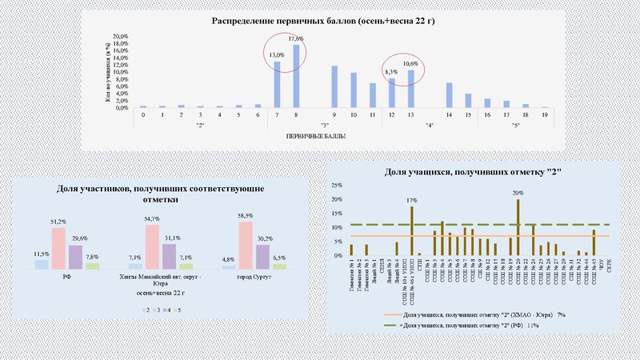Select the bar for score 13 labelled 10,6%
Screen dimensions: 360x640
click(411, 89)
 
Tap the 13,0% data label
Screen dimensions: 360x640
click(275, 54)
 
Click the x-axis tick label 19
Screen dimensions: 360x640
click(544, 115)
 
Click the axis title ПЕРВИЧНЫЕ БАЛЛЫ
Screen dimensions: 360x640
click(323, 137)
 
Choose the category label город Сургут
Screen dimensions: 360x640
click(250, 277)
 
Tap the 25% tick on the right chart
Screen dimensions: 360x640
click(338, 186)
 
